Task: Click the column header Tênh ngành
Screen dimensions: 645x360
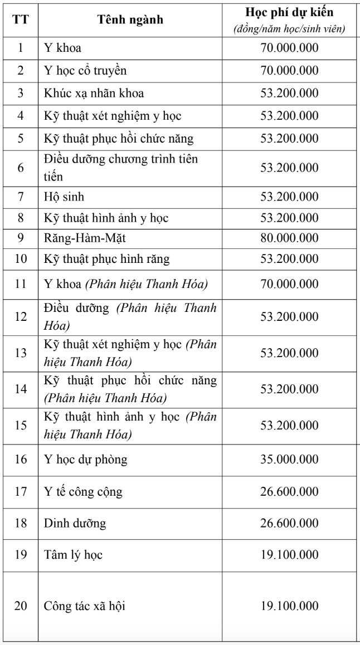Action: [130, 21]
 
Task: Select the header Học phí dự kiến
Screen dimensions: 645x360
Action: [289, 13]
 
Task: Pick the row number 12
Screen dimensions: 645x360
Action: [20, 316]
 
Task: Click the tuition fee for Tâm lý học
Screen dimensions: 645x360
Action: [289, 555]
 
